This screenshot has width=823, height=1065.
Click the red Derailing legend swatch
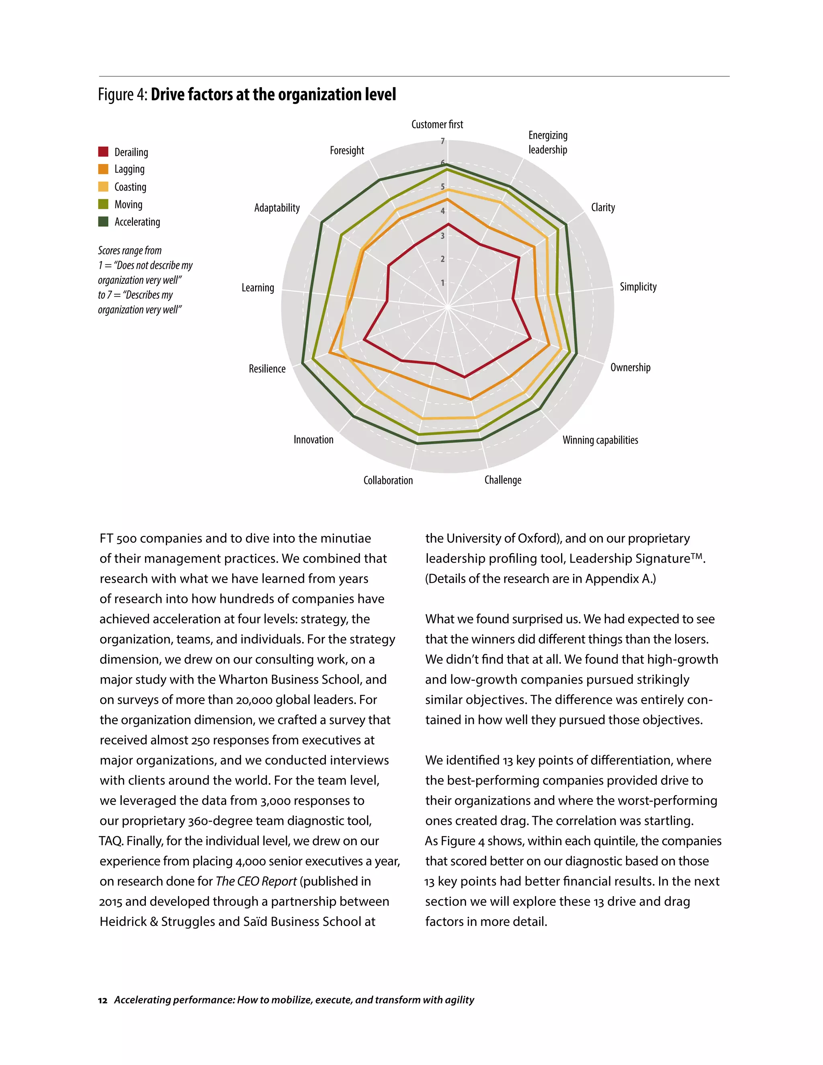[x=103, y=152]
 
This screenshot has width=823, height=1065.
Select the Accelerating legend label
[x=137, y=222]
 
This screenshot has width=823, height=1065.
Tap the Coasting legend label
[x=130, y=187]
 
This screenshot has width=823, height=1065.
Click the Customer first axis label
[x=437, y=124]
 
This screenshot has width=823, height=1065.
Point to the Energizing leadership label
[x=548, y=142]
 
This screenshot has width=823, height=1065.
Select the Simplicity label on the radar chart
[x=638, y=287]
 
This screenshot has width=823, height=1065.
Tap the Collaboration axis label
[x=388, y=480]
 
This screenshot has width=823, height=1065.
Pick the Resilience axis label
[x=267, y=369]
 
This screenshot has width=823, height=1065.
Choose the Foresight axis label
[x=347, y=150]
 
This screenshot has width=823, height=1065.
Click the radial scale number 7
[x=443, y=141]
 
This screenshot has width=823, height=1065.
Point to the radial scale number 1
[x=443, y=283]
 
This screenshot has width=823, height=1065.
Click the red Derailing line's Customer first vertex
[x=448, y=224]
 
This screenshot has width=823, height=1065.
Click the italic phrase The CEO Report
[x=256, y=881]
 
